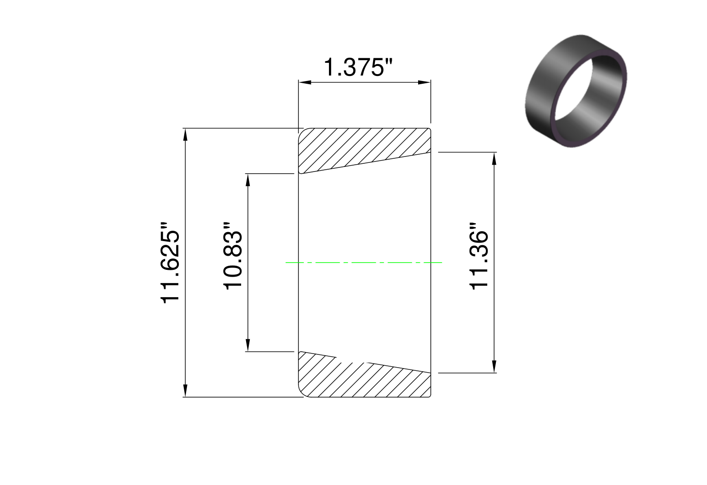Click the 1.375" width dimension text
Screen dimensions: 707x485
[358, 67]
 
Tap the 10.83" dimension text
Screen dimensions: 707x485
[233, 256]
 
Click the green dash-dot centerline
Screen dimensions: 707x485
[364, 263]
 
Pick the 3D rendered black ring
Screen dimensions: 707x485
[576, 91]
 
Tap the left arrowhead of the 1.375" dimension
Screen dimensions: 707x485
[305, 82]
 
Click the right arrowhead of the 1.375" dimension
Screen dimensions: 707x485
[424, 82]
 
